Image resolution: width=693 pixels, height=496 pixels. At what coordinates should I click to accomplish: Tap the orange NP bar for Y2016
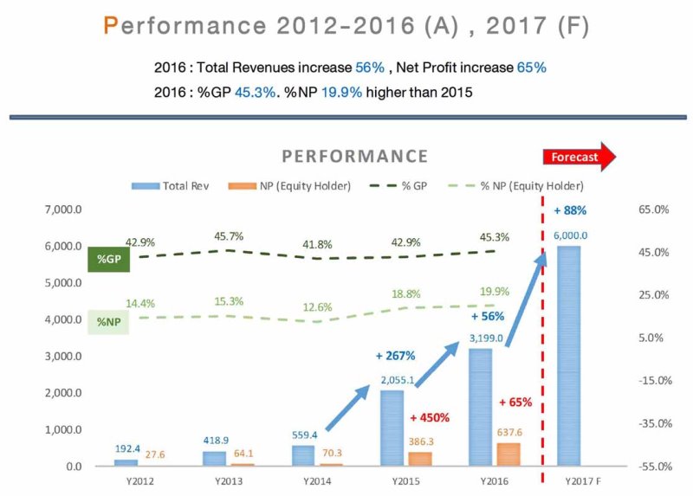[508, 454]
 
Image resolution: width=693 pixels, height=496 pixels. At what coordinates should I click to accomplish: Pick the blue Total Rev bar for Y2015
[392, 428]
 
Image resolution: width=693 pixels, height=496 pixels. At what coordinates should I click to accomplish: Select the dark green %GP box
[108, 259]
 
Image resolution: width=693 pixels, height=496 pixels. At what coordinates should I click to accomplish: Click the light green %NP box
[108, 322]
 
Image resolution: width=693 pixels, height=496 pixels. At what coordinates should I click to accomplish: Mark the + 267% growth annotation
[396, 356]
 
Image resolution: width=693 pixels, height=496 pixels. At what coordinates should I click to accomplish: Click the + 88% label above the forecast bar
[570, 210]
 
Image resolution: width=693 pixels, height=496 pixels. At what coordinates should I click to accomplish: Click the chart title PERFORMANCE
[355, 156]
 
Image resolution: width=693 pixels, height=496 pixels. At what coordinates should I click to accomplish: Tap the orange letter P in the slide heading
[110, 26]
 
